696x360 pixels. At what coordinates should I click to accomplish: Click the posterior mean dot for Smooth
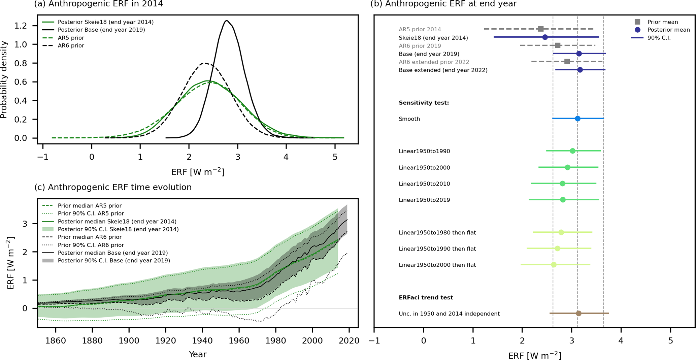click(577, 119)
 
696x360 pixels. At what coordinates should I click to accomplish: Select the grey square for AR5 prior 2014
click(541, 29)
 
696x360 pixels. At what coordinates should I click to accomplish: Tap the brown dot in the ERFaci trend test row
click(578, 314)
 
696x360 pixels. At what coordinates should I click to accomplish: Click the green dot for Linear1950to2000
click(568, 167)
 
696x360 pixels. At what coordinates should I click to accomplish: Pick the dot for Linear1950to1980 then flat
click(561, 232)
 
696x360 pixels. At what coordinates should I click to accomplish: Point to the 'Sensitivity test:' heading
click(424, 103)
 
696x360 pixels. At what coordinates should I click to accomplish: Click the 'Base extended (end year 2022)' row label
click(443, 70)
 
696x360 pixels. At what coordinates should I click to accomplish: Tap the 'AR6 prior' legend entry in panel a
click(71, 45)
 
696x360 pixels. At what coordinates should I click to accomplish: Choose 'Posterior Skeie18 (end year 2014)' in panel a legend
click(105, 22)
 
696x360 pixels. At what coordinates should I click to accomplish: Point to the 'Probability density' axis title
click(4, 79)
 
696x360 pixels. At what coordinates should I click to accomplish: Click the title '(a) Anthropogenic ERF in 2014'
click(99, 4)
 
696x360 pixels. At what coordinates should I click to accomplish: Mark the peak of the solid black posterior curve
click(227, 21)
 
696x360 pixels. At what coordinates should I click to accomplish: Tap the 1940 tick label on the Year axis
click(202, 340)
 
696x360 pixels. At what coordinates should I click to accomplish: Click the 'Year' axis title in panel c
click(198, 354)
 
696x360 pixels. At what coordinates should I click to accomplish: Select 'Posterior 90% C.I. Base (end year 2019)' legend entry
click(114, 261)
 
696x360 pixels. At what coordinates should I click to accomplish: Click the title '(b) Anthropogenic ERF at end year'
click(443, 4)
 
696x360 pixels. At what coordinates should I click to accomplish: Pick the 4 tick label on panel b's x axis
click(621, 340)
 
